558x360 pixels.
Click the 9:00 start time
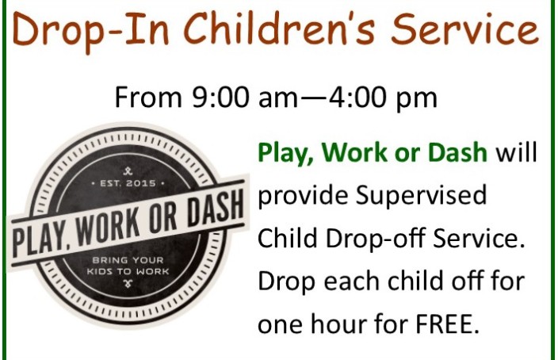pos(220,98)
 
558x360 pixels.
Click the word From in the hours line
pos(148,98)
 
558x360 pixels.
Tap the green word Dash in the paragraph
pos(457,152)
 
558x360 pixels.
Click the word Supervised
pos(421,197)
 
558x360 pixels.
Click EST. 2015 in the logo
pos(128,183)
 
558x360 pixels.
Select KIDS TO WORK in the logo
pos(128,271)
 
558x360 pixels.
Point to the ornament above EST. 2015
pos(128,171)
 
